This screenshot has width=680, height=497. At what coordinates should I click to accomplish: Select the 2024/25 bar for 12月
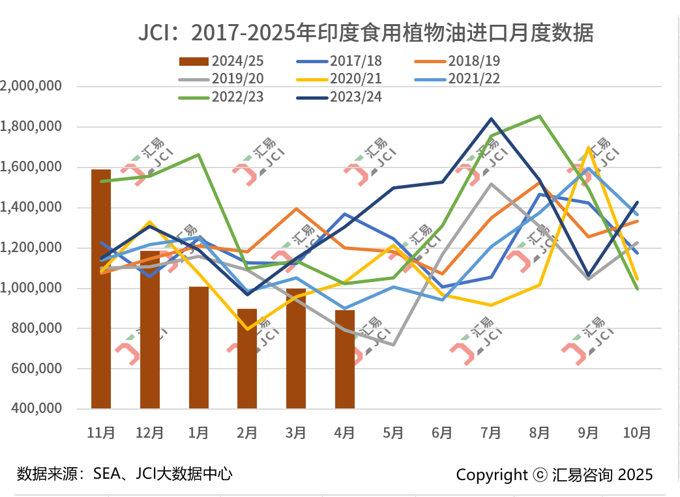pyautogui.click(x=150, y=330)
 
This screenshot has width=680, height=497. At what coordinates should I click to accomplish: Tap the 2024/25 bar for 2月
pyautogui.click(x=247, y=359)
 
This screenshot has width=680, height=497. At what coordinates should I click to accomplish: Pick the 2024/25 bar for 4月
pyautogui.click(x=345, y=360)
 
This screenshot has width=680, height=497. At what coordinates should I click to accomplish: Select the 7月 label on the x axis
pyautogui.click(x=491, y=433)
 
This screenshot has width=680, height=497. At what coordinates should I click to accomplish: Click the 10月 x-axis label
pyautogui.click(x=637, y=433)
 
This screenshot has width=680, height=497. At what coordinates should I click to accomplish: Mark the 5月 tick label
pyautogui.click(x=393, y=433)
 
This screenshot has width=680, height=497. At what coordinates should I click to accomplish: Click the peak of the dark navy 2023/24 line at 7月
pyautogui.click(x=491, y=119)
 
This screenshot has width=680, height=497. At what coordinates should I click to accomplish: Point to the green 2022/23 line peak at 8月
pyautogui.click(x=540, y=117)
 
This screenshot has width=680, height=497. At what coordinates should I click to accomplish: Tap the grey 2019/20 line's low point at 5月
pyautogui.click(x=393, y=345)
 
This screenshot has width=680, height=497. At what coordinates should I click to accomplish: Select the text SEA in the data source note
pyautogui.click(x=106, y=474)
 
